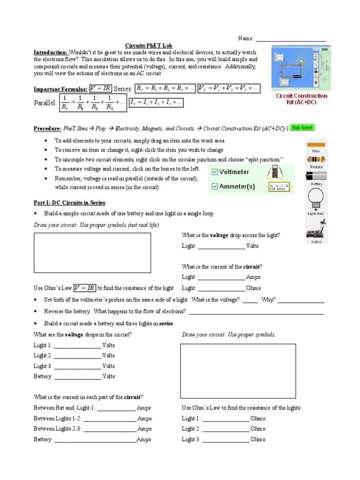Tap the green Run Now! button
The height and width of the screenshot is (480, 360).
302,127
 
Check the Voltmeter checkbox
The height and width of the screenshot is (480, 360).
215,172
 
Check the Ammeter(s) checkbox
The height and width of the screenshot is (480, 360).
215,187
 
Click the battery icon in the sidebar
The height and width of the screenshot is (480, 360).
316,175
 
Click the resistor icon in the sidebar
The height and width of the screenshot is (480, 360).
316,159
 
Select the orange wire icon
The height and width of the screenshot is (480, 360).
316,144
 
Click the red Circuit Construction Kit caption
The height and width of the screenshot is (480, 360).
301,99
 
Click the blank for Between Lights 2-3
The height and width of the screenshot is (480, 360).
109,429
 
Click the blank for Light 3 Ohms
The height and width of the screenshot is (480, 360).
225,440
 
